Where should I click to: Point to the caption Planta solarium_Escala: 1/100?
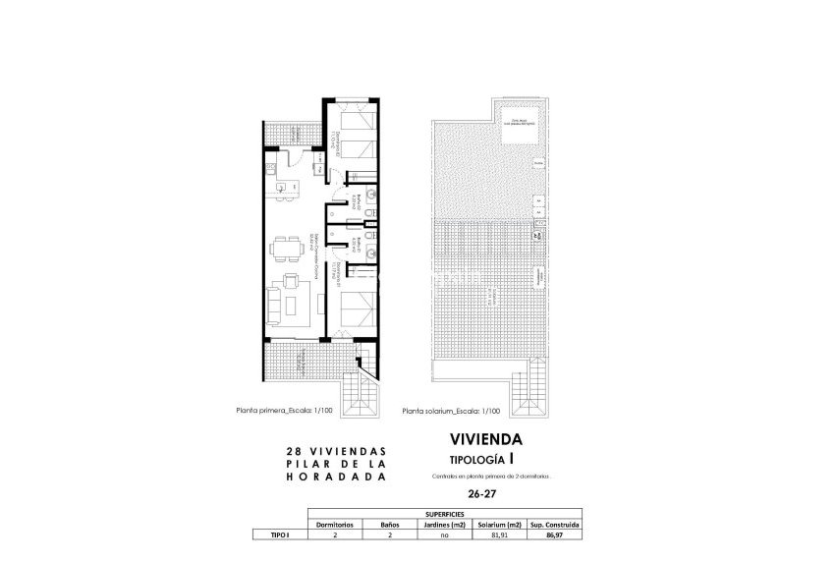tap(453, 413)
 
